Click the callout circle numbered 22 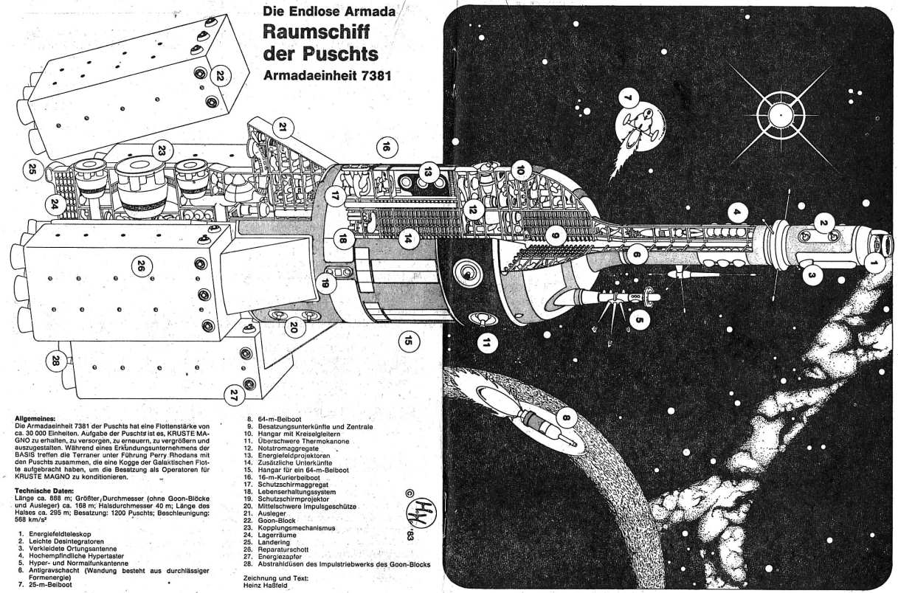pyautogui.click(x=220, y=75)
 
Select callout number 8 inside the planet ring pyautogui.click(x=567, y=419)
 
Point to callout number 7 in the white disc pyautogui.click(x=628, y=98)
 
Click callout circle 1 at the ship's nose pyautogui.click(x=874, y=260)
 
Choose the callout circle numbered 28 pyautogui.click(x=56, y=360)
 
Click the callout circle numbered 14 pyautogui.click(x=406, y=238)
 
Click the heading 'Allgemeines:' pyautogui.click(x=35, y=417)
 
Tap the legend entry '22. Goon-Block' pyautogui.click(x=277, y=521)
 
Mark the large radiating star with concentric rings pyautogui.click(x=779, y=117)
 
